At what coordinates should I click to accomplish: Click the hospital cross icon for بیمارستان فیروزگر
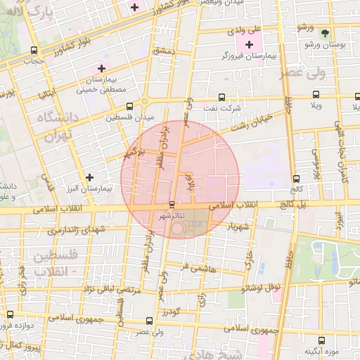click(x=249, y=44)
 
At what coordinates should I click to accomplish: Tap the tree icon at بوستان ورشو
click(x=324, y=33)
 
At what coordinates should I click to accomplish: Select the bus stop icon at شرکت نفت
click(x=221, y=97)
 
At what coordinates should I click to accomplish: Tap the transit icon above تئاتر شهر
click(x=172, y=205)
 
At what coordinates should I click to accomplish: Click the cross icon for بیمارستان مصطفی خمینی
click(x=101, y=69)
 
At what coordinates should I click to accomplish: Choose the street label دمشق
click(x=162, y=51)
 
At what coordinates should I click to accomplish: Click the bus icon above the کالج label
click(x=295, y=178)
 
